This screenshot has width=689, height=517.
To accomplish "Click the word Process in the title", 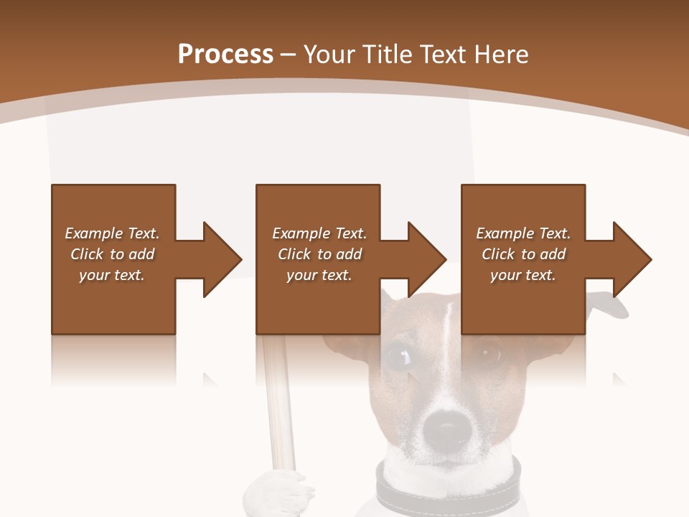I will click(x=225, y=55).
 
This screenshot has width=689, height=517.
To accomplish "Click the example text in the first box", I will click(x=112, y=254).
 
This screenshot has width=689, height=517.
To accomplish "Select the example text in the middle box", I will click(x=319, y=254).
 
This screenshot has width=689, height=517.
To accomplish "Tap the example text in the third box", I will click(x=523, y=254).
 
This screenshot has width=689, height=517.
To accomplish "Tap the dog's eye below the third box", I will click(x=492, y=353).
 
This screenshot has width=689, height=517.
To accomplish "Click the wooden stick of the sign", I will click(x=276, y=402).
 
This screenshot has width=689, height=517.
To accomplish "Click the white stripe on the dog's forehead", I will click(x=446, y=323).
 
